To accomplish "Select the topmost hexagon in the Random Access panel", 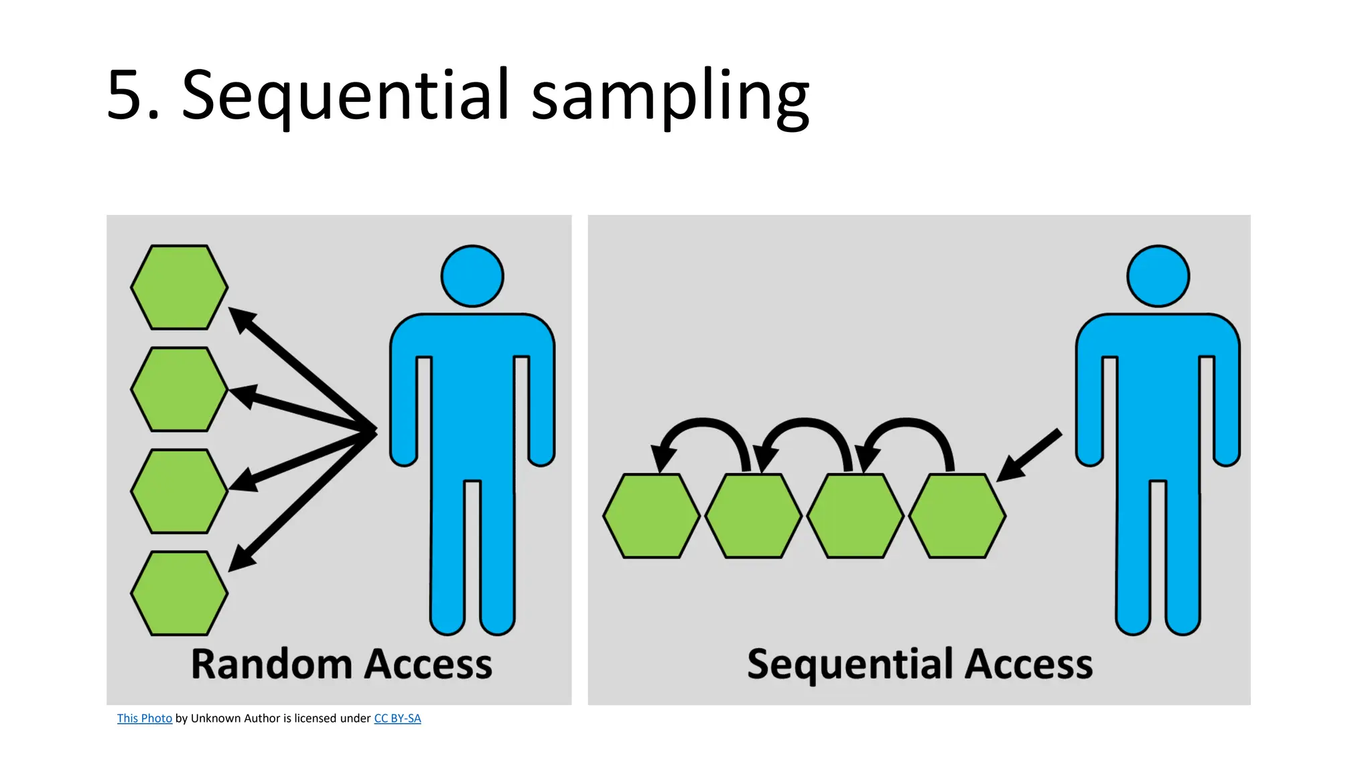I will point(179,287).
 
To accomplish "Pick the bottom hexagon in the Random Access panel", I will point(179,593).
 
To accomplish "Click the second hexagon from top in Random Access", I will point(179,389).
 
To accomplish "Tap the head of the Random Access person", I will point(472,276).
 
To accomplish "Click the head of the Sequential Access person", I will point(1158,276).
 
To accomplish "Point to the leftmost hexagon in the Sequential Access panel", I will point(651,515).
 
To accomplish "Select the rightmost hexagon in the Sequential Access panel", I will point(957,515).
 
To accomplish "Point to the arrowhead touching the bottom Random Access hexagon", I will point(241,558).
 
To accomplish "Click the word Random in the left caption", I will point(271,664).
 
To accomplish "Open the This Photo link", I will point(144,718).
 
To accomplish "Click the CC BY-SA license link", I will point(397,718).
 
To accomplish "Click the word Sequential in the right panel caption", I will point(849,664).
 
